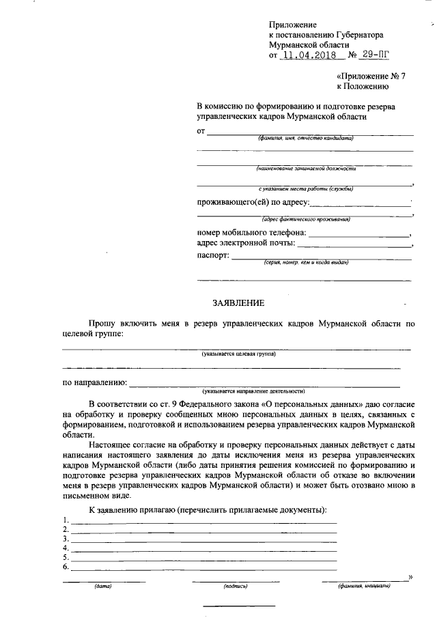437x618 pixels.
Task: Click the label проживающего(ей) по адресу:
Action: (x=253, y=202)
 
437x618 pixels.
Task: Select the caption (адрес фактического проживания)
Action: (x=306, y=219)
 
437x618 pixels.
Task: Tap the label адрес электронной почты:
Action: (x=246, y=243)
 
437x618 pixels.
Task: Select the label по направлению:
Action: (x=95, y=382)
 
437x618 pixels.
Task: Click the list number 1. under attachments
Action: (x=66, y=520)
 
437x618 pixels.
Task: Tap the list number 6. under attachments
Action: (x=66, y=567)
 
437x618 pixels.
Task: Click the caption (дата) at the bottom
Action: (x=103, y=586)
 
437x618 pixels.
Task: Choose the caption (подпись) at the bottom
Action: (x=234, y=586)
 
